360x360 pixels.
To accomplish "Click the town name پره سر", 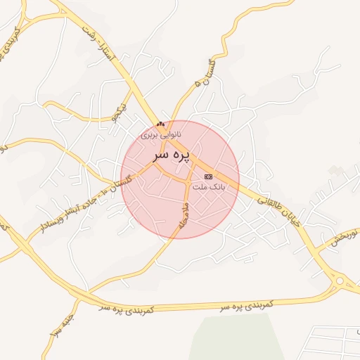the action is click(x=171, y=153).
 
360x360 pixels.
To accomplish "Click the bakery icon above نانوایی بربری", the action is click(x=161, y=124).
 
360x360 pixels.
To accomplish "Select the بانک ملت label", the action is click(x=207, y=186).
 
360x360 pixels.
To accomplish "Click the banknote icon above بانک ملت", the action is click(x=207, y=176).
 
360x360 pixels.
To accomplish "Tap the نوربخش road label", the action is click(x=344, y=236).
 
